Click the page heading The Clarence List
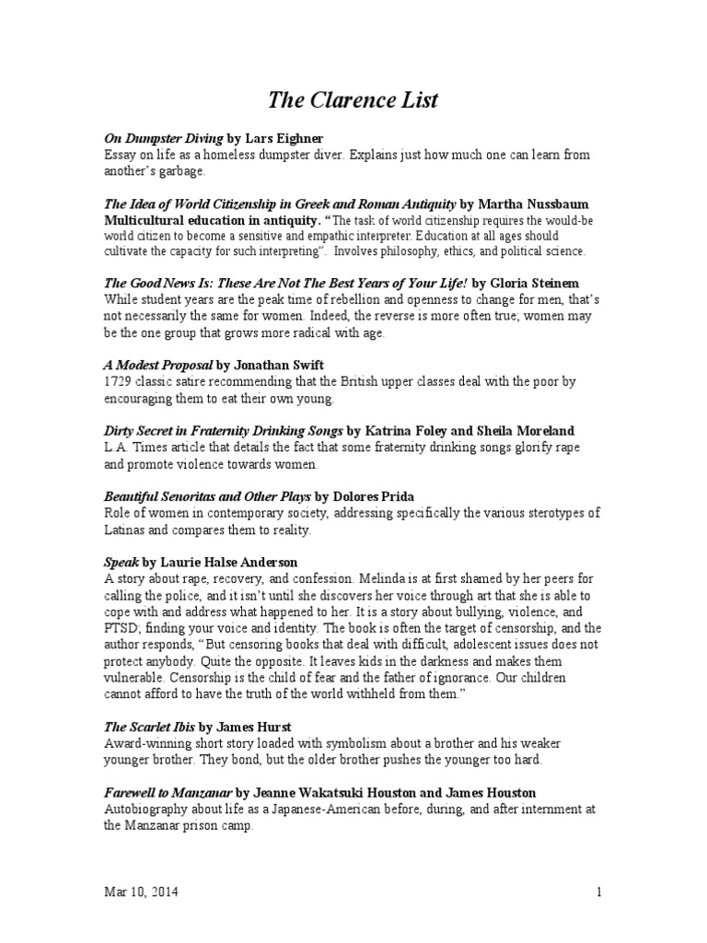click(x=353, y=99)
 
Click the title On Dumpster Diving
click(x=163, y=138)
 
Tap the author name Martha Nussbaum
click(x=538, y=204)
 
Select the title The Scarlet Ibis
click(x=149, y=726)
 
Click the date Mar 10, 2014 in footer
click(x=141, y=892)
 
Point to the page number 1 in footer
click(x=598, y=892)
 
